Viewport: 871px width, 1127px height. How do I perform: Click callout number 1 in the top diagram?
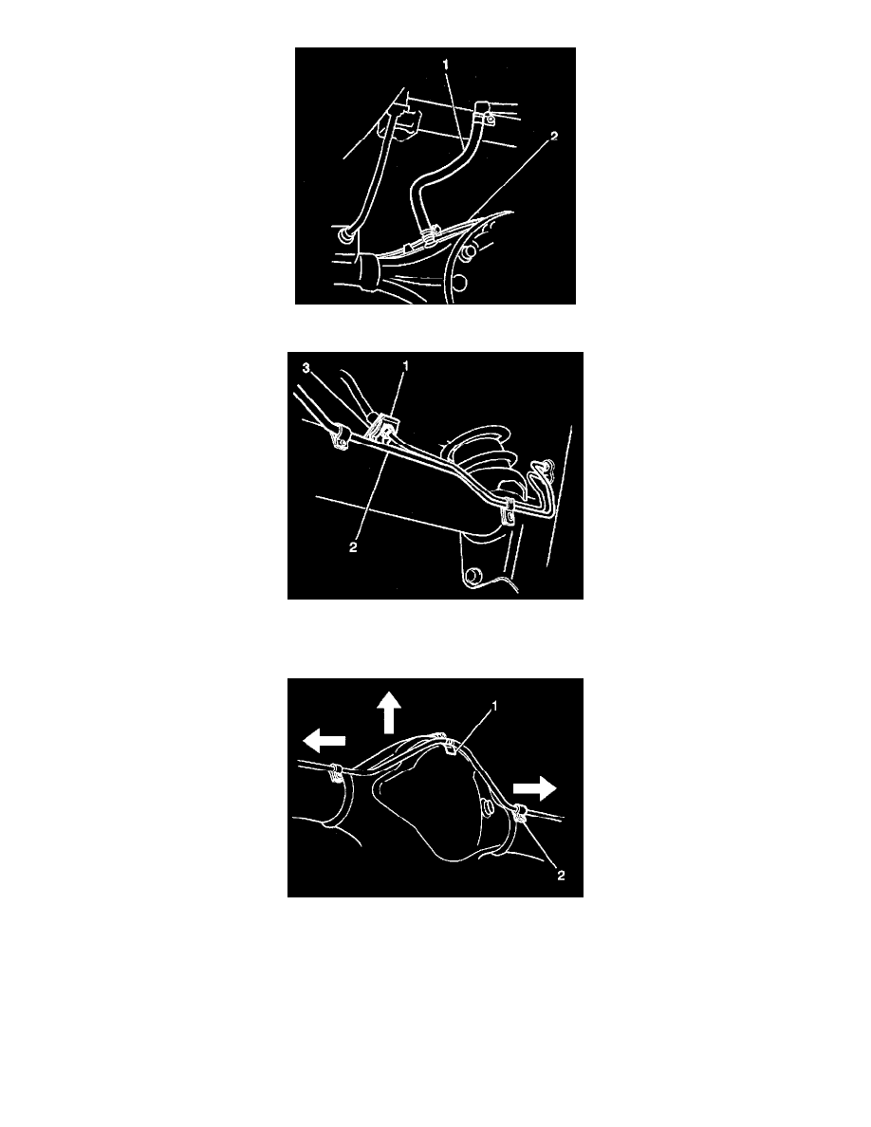click(446, 65)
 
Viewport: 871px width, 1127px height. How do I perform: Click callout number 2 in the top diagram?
click(554, 136)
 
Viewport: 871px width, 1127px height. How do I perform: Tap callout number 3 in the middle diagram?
click(306, 368)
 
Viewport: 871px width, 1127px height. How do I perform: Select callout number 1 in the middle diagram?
click(405, 366)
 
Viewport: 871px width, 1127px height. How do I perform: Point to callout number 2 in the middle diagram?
click(353, 547)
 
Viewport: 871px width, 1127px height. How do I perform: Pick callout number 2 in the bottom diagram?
click(561, 875)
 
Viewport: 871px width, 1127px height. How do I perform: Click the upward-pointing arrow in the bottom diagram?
click(389, 712)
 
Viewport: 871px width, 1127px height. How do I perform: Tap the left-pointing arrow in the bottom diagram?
click(323, 740)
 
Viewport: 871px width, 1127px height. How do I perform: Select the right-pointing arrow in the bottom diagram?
click(534, 788)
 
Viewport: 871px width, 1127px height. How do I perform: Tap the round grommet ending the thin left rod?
click(343, 236)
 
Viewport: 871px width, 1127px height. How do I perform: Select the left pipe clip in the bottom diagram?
click(335, 774)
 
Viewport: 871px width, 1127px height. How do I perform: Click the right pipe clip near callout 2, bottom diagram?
click(519, 814)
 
